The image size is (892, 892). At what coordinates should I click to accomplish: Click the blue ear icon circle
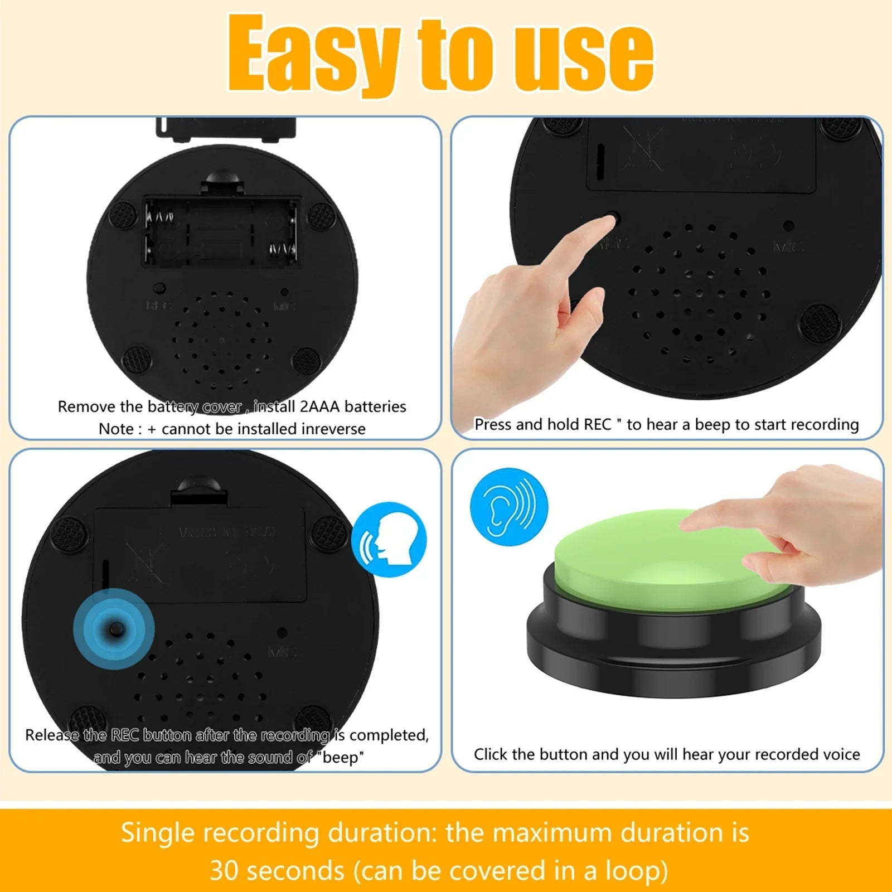508,507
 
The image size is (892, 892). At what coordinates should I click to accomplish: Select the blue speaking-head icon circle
389,539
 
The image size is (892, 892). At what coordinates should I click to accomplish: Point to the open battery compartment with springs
221,231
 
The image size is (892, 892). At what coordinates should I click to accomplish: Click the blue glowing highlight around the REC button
114,629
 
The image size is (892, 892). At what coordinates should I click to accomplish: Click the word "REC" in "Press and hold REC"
597,424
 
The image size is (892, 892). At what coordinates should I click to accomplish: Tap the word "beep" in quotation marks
341,757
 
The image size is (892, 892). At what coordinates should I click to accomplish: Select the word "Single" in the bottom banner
157,832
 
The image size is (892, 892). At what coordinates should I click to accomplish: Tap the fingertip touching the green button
687,523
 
